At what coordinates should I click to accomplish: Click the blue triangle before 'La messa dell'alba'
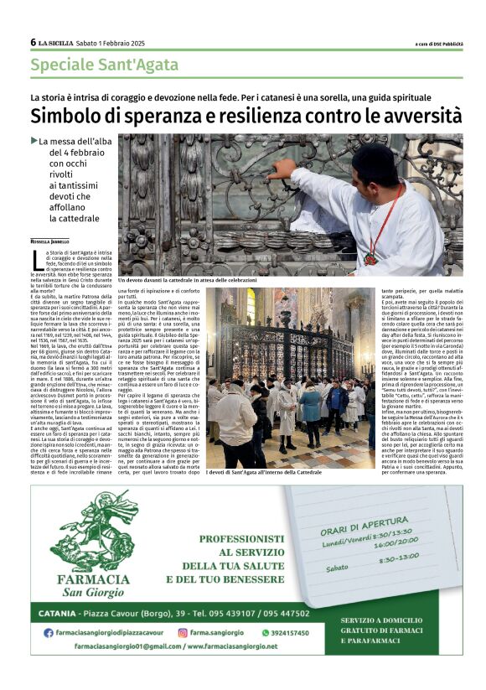click(34, 141)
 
